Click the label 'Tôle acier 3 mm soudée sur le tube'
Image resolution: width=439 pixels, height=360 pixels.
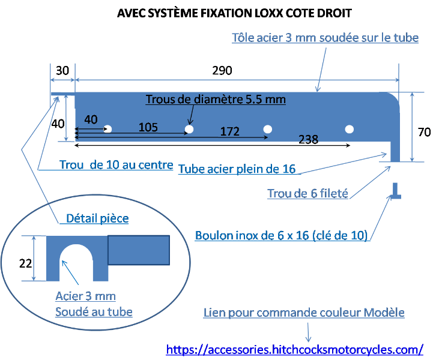pyautogui.click(x=325, y=37)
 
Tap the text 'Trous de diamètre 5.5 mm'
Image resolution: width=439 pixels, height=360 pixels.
pyautogui.click(x=216, y=99)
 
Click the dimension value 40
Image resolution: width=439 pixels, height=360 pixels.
pyautogui.click(x=91, y=119)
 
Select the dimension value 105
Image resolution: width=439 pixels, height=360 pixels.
pyautogui.click(x=148, y=127)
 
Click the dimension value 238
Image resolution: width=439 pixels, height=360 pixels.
pyautogui.click(x=308, y=139)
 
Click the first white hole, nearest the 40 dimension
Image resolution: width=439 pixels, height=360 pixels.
pyautogui.click(x=108, y=128)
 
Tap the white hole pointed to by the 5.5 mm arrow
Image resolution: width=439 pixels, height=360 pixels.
pyautogui.click(x=189, y=129)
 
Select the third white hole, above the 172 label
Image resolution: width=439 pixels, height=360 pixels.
pyautogui.click(x=268, y=128)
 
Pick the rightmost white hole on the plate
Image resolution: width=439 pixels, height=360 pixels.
pyautogui.click(x=349, y=128)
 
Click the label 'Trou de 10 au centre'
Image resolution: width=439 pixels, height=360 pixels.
pyautogui.click(x=117, y=164)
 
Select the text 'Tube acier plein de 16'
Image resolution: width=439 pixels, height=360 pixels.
pyautogui.click(x=237, y=169)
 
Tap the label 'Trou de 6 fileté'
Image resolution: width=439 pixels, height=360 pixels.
pyautogui.click(x=307, y=194)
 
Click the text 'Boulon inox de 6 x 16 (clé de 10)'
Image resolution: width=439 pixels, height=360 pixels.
pyautogui.click(x=281, y=235)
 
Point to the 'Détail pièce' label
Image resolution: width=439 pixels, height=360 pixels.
pyautogui.click(x=97, y=218)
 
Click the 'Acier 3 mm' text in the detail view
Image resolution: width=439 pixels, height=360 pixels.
pyautogui.click(x=85, y=296)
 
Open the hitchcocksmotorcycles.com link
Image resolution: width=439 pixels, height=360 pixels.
pyautogui.click(x=295, y=349)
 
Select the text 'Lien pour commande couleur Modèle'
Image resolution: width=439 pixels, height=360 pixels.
pyautogui.click(x=304, y=313)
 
